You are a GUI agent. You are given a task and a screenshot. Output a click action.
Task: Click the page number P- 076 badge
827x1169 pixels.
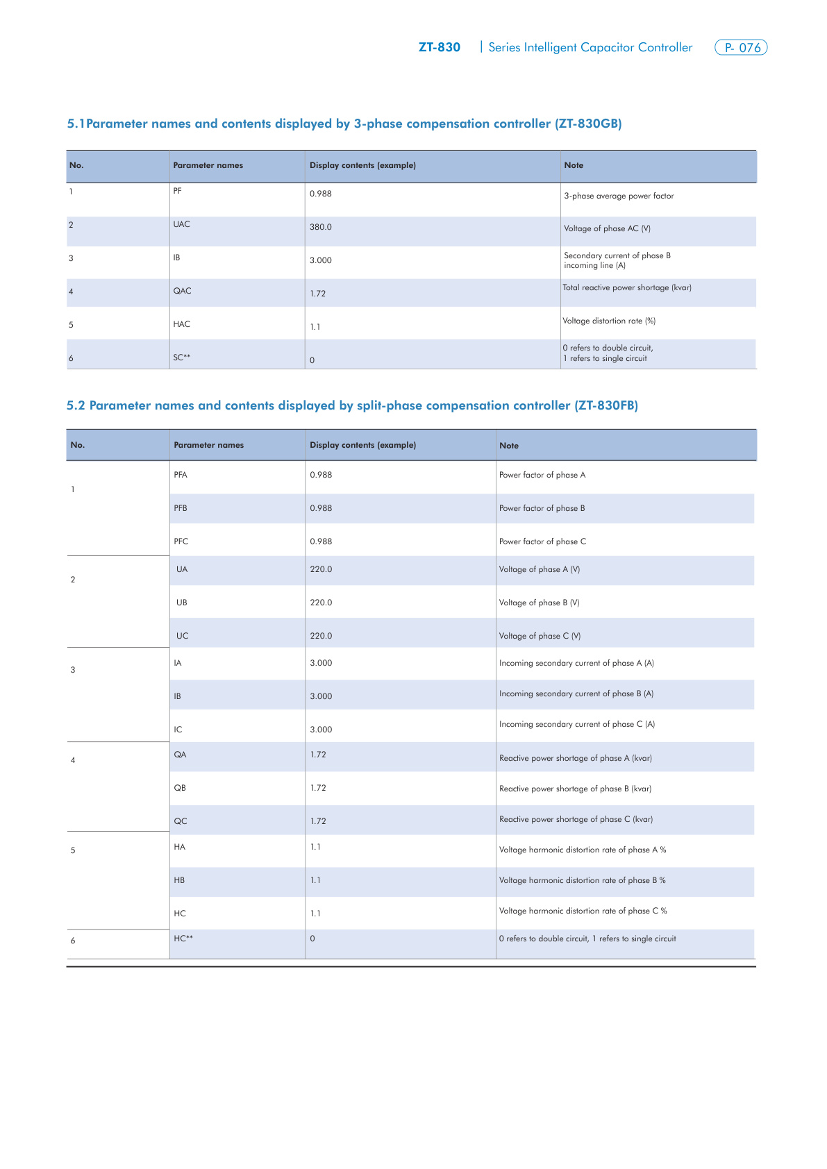741,48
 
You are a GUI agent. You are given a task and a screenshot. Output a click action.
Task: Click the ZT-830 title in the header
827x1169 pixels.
439,47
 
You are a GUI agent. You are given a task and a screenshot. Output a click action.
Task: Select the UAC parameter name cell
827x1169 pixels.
181,224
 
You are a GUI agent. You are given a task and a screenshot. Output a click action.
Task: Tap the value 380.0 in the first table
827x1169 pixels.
321,227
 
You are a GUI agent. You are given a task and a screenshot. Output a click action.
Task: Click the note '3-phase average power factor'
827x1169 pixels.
619,196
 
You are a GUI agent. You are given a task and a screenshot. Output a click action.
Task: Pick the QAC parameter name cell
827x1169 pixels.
182,291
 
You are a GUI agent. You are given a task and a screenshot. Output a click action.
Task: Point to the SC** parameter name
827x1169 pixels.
182,358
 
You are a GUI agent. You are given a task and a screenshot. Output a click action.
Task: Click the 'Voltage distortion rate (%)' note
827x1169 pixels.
609,321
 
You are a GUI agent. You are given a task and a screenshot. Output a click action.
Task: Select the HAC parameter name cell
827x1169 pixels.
181,324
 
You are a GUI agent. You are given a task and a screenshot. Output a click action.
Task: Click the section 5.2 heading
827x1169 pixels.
352,405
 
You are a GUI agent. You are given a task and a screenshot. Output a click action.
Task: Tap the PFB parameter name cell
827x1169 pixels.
181,508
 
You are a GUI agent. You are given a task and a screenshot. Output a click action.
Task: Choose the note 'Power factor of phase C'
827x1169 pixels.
542,541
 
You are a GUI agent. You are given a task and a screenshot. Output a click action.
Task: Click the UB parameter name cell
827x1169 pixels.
182,603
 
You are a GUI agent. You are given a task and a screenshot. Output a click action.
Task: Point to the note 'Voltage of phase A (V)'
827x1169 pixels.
540,569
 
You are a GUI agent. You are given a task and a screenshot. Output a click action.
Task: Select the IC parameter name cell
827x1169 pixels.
178,730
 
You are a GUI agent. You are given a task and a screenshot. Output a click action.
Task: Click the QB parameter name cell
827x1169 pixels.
180,788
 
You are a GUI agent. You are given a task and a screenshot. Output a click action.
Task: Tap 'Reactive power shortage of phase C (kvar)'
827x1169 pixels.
576,819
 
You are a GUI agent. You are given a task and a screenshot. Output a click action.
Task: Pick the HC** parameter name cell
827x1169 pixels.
183,939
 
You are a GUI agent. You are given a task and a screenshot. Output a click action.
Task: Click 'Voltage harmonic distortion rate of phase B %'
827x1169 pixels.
582,880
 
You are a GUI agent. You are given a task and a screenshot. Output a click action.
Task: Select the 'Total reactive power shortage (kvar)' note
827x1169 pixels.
627,287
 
